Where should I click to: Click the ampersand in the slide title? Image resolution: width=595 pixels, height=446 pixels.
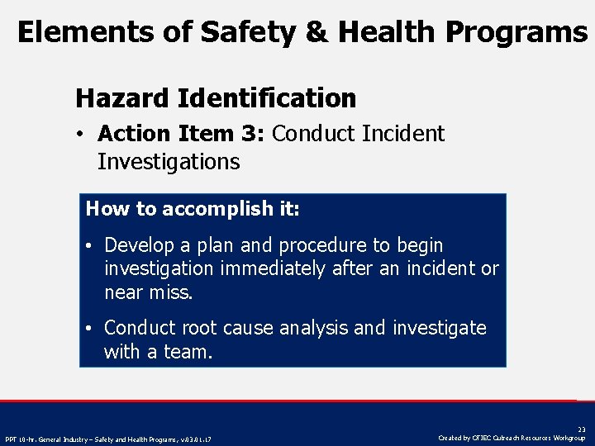coord(314,32)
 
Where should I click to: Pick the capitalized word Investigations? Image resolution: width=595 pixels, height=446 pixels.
coord(169,162)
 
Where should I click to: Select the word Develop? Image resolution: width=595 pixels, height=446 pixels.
coord(138,245)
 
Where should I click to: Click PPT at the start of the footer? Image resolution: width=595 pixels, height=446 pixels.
coord(12,439)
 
